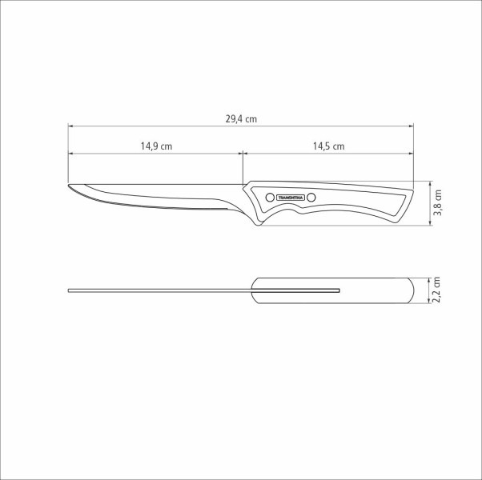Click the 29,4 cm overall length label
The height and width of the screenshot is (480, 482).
point(240,119)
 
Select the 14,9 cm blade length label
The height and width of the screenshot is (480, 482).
point(156,146)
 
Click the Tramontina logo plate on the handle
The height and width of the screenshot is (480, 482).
point(288,197)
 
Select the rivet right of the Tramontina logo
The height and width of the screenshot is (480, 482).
point(311,197)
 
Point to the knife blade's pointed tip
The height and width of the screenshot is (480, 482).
point(69,187)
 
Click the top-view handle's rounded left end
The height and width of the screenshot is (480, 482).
point(255,290)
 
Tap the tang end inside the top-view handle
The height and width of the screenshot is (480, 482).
point(339,290)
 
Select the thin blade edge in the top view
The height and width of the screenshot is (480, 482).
point(160,290)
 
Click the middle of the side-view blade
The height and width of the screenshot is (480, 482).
point(160,198)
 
